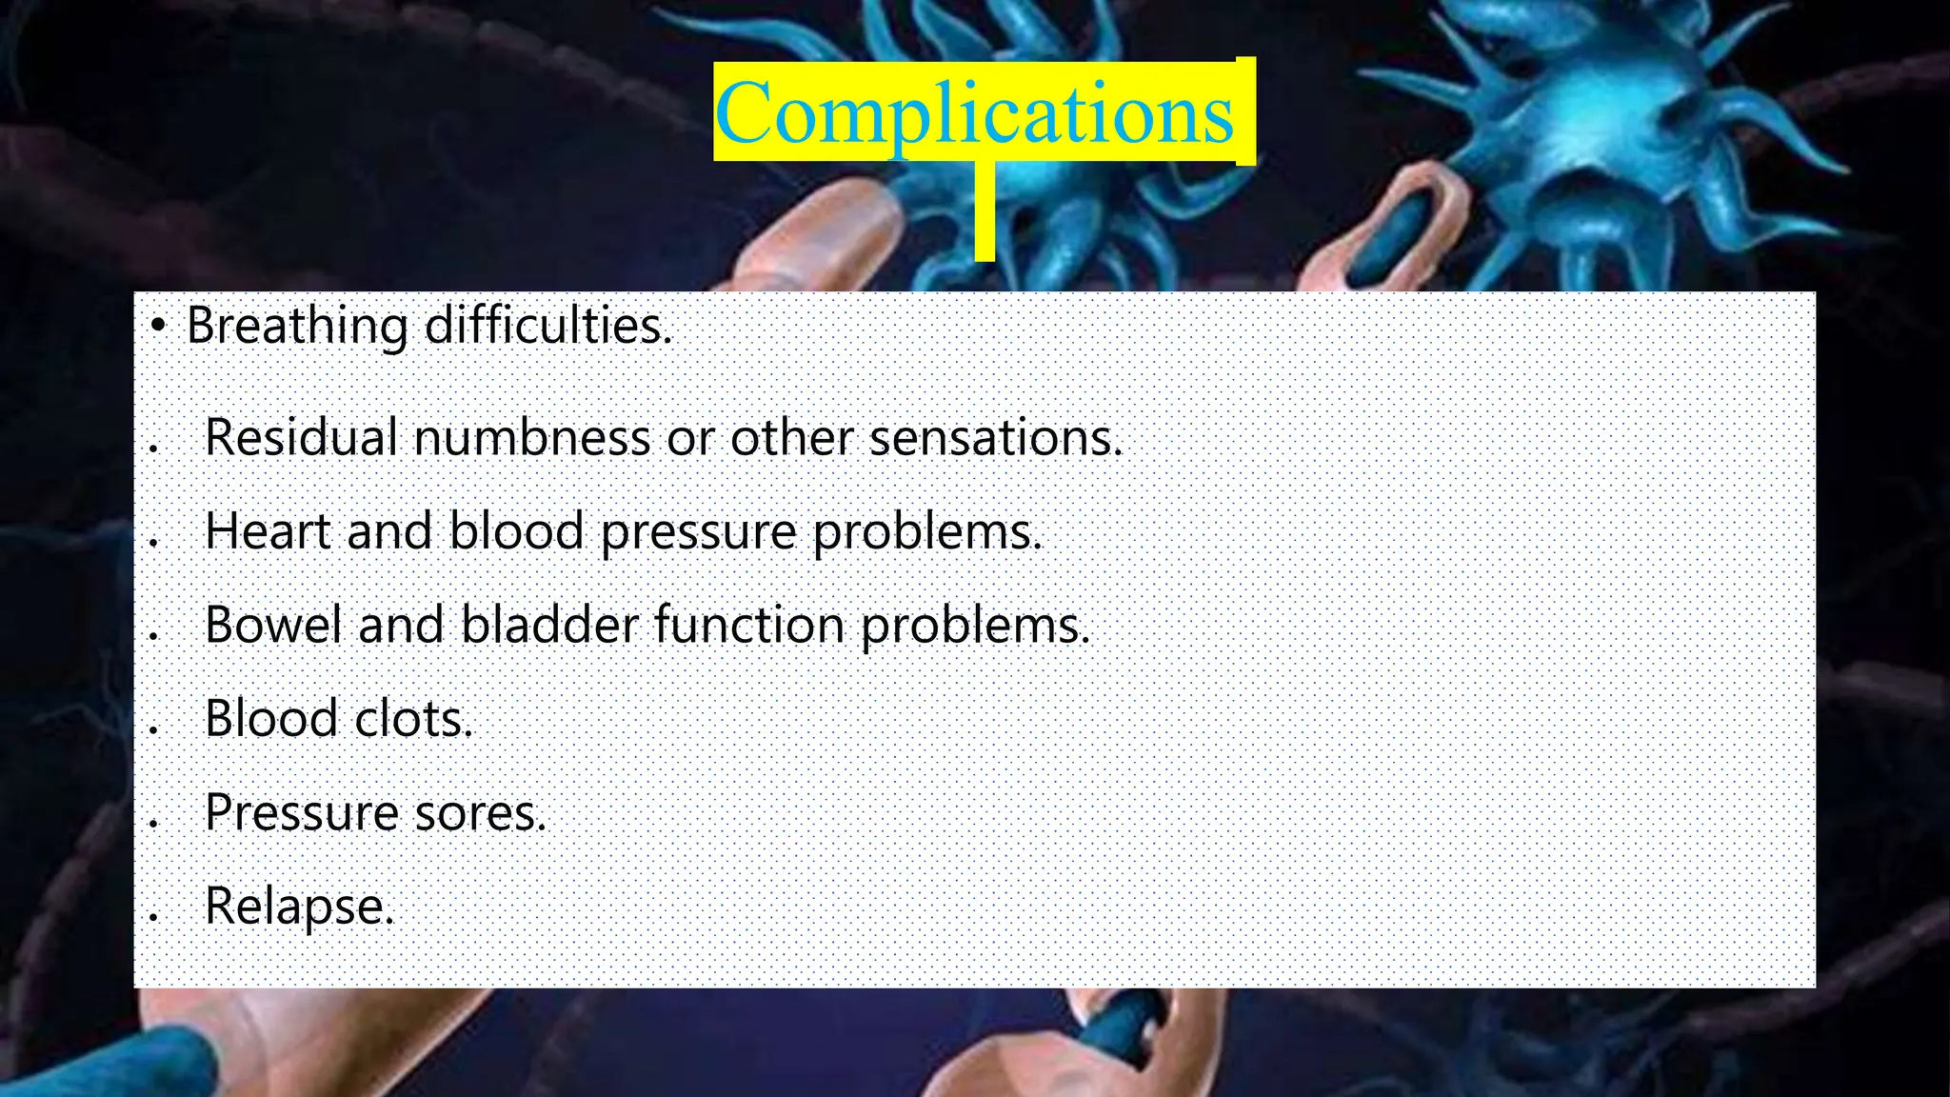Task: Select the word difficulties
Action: pyautogui.click(x=547, y=326)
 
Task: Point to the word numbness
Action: pyautogui.click(x=532, y=438)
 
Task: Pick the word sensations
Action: pyautogui.click(x=996, y=438)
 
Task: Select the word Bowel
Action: pyautogui.click(x=273, y=625)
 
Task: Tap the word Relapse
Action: pyautogui.click(x=298, y=907)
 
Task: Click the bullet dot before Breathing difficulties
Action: pyautogui.click(x=158, y=327)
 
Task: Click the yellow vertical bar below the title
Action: pyautogui.click(x=985, y=211)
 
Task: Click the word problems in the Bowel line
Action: pyautogui.click(x=975, y=627)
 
